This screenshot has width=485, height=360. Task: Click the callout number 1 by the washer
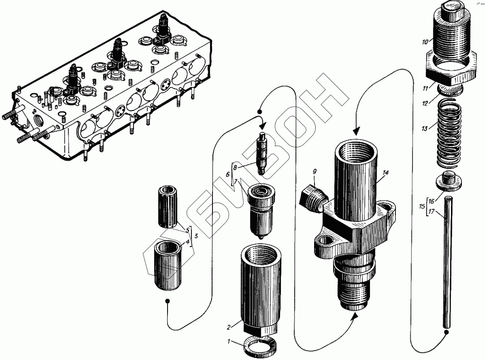tap(229, 342)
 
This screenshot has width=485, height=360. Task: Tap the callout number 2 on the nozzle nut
tap(229, 327)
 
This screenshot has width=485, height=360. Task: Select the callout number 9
tap(315, 171)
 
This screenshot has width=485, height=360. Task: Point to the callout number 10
tap(425, 42)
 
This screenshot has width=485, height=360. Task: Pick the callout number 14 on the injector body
tap(386, 173)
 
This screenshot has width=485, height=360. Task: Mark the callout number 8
tap(236, 167)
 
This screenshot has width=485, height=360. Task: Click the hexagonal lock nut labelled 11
tap(451, 69)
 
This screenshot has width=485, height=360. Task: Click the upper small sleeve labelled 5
tap(169, 207)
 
